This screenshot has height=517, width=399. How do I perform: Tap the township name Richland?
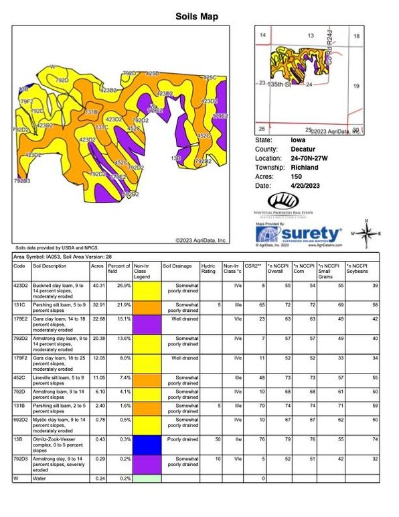[305, 167]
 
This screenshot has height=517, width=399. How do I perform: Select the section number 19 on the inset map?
[356, 86]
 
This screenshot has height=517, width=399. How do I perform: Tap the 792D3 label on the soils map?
[21, 180]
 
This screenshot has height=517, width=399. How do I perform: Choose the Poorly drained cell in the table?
[180, 439]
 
